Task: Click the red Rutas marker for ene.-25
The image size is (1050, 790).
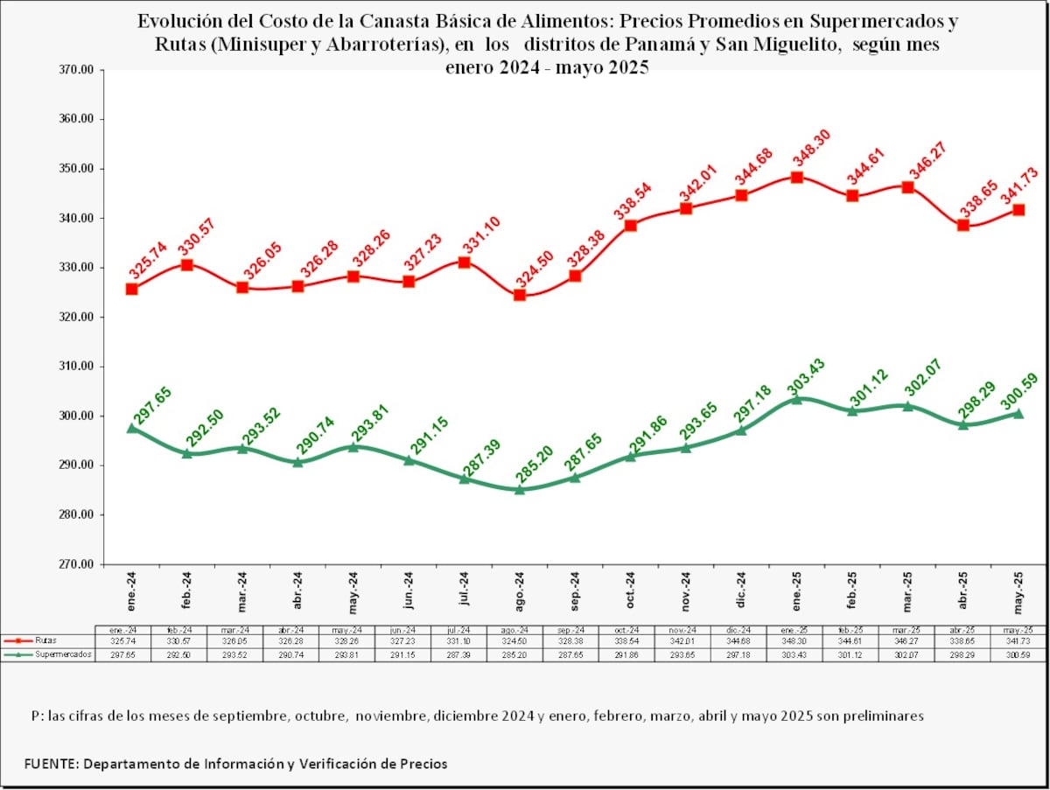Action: click(x=796, y=178)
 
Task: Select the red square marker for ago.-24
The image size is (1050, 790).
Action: click(x=520, y=295)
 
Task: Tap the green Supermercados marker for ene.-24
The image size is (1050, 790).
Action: click(x=131, y=429)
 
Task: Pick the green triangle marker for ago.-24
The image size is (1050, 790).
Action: click(x=520, y=489)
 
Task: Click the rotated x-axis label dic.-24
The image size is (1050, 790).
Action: click(x=741, y=591)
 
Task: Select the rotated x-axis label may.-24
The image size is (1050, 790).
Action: click(x=353, y=591)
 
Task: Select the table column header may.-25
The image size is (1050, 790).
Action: click(x=1018, y=630)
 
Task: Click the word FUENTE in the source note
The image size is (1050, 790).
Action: click(x=50, y=764)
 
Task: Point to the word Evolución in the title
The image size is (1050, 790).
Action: click(x=175, y=21)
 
